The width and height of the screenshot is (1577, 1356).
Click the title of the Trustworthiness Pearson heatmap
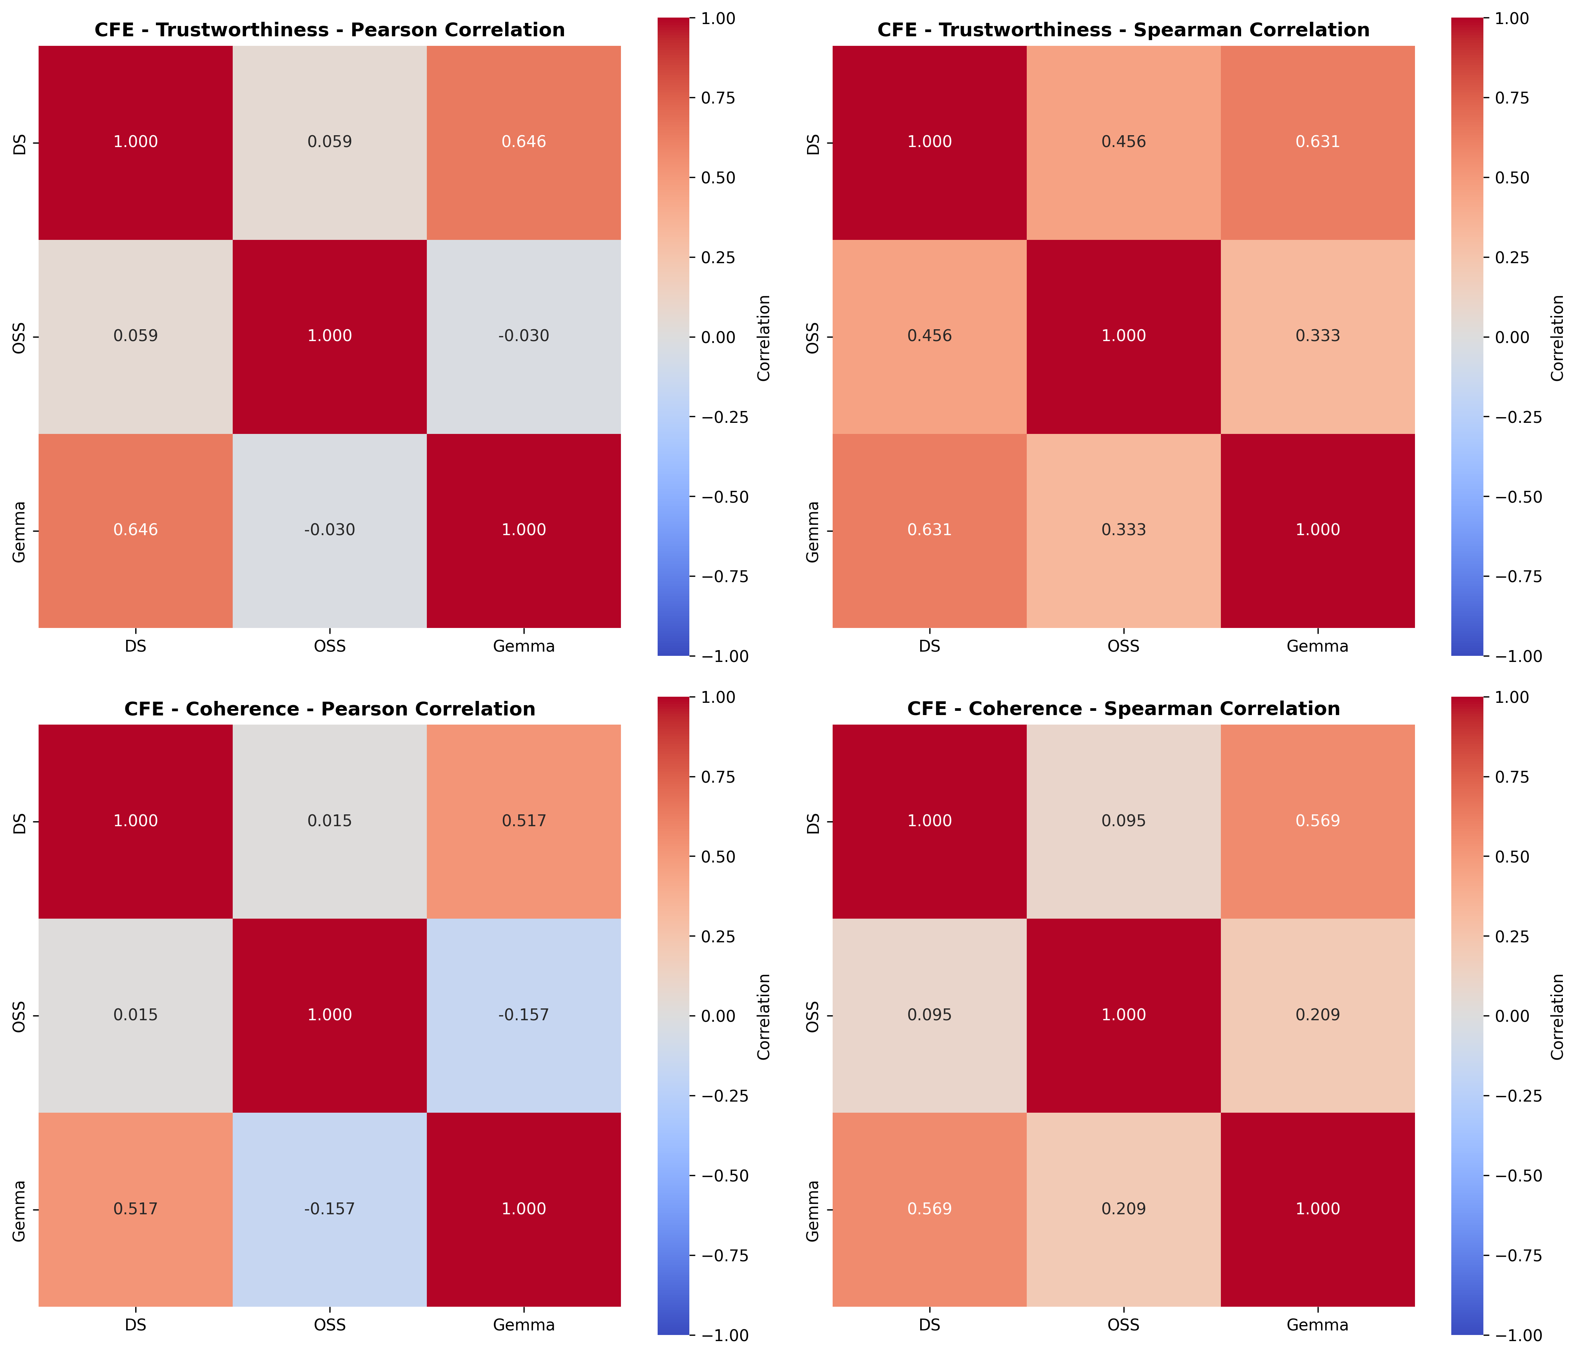329,30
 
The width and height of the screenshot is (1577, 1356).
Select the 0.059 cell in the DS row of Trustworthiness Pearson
329,142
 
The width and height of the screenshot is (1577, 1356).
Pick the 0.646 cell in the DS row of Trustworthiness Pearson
524,142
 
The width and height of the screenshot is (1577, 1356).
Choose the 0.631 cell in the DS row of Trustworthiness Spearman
1318,142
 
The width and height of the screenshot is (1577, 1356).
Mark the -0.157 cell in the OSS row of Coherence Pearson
524,1015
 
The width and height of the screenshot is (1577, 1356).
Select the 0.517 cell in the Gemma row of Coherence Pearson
136,1209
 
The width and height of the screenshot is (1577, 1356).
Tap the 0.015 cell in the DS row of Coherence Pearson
329,821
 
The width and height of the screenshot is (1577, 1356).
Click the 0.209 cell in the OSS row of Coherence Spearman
1318,1015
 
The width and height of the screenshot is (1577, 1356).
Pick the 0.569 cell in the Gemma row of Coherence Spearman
929,1209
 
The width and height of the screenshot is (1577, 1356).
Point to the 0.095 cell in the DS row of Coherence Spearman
1123,821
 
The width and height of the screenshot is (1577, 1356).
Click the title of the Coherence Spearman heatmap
1123,709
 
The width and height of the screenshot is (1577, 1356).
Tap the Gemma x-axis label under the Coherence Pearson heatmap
524,1325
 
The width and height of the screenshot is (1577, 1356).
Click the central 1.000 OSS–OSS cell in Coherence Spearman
1123,1015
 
